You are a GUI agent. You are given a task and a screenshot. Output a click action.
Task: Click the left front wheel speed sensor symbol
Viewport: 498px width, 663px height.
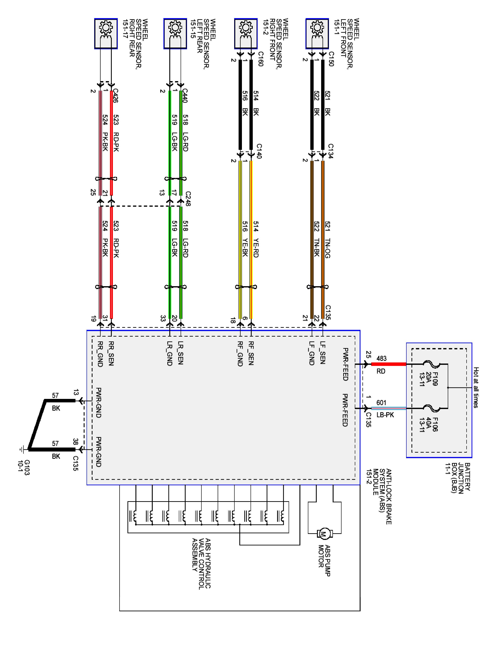pyautogui.click(x=317, y=33)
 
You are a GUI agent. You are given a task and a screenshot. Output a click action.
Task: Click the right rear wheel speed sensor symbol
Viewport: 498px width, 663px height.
pyautogui.click(x=106, y=33)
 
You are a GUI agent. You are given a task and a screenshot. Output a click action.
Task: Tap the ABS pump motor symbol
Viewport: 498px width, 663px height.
pyautogui.click(x=324, y=533)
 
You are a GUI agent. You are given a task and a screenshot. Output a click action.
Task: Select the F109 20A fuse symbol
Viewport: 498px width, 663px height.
pyautogui.click(x=432, y=364)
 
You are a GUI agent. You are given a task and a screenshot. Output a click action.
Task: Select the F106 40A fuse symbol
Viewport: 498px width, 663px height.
pyautogui.click(x=432, y=408)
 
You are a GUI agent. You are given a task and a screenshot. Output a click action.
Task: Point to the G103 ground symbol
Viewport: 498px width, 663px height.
pyautogui.click(x=22, y=449)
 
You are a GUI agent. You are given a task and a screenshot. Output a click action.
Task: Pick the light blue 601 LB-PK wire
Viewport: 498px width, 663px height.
pyautogui.click(x=388, y=408)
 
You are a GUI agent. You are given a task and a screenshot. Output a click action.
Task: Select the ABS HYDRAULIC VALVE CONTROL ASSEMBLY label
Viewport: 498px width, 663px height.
pyautogui.click(x=201, y=564)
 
